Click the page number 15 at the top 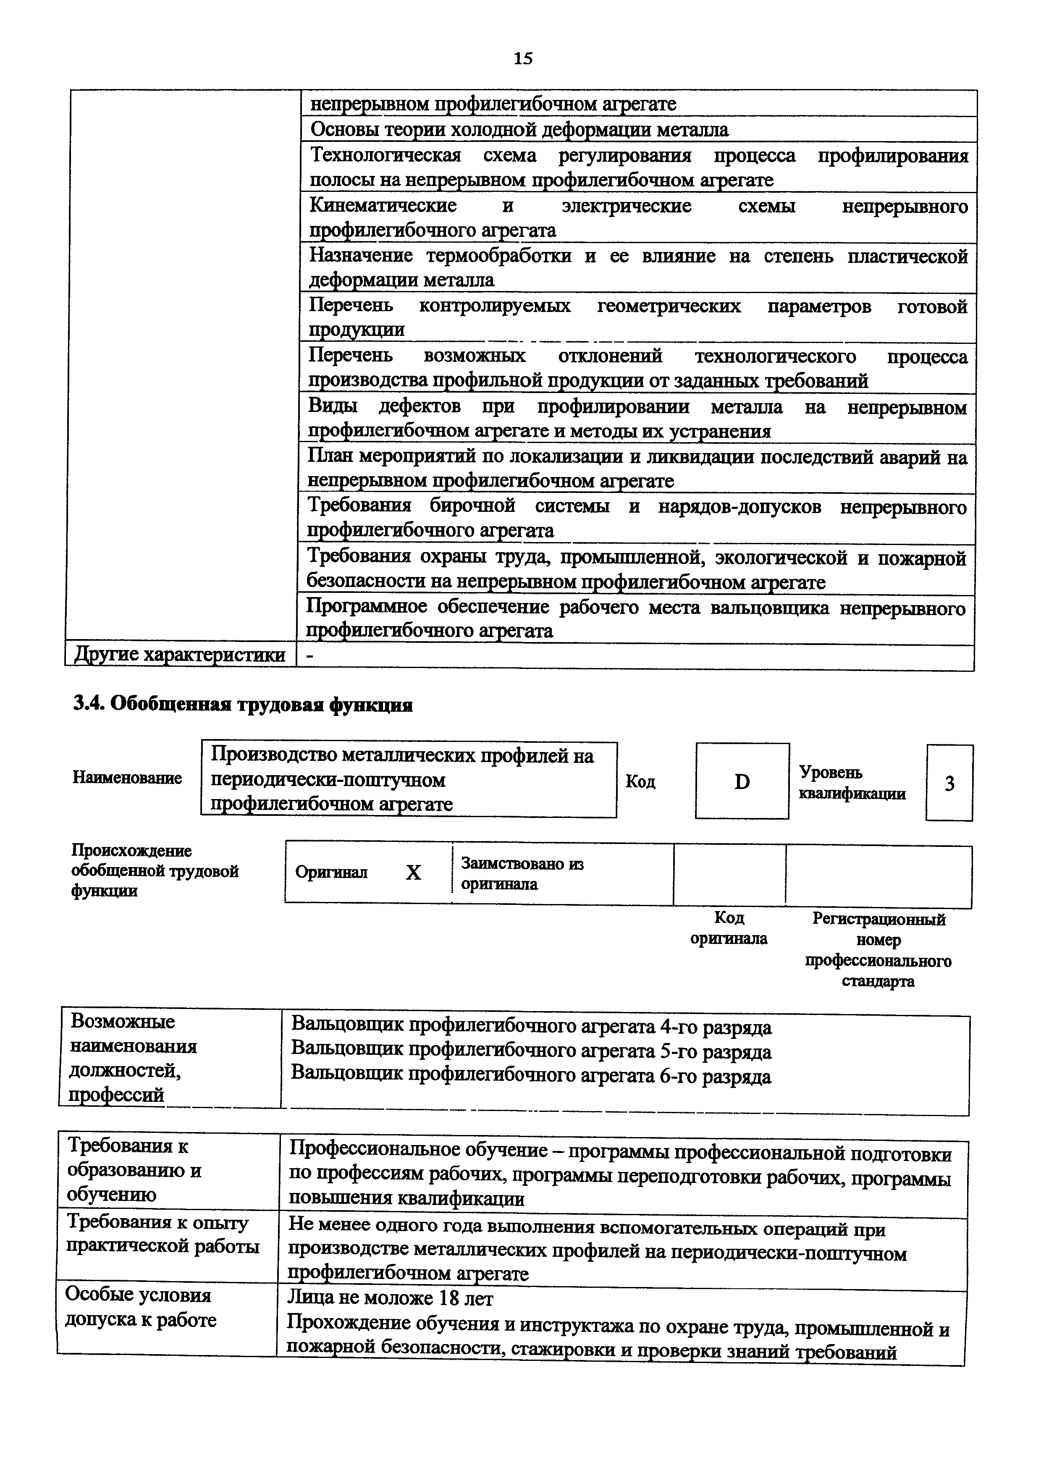[x=523, y=59]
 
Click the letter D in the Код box [x=742, y=781]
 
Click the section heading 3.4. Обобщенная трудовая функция [x=242, y=705]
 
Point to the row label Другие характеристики [x=180, y=655]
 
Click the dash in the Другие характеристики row [x=311, y=655]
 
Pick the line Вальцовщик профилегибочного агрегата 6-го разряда [x=531, y=1075]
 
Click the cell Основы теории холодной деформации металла [x=519, y=130]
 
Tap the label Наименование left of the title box [x=127, y=778]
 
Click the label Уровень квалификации [x=852, y=783]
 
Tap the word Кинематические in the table [x=383, y=206]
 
